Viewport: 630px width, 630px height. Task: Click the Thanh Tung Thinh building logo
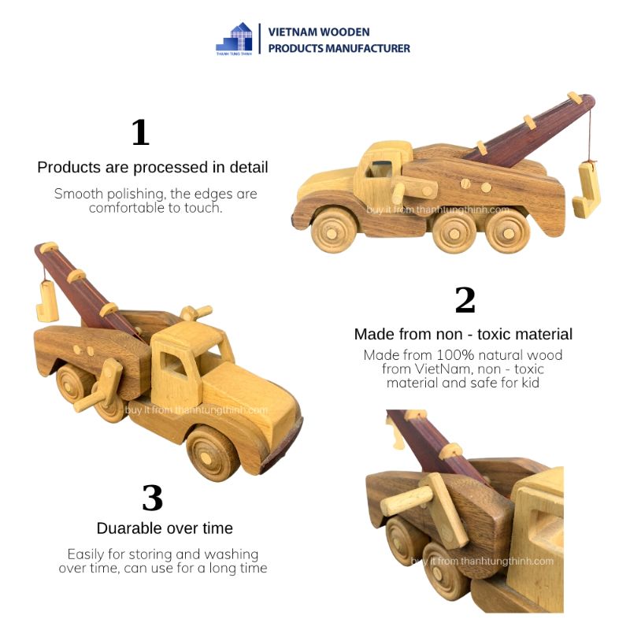pyautogui.click(x=234, y=39)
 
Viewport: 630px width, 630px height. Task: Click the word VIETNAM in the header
pyautogui.click(x=294, y=32)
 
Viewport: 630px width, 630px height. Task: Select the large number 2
pyautogui.click(x=465, y=300)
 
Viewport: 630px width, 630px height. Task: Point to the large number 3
pyautogui.click(x=152, y=498)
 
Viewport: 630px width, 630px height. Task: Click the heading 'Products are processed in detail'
pyautogui.click(x=153, y=168)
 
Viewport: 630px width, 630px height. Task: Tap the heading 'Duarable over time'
pyautogui.click(x=165, y=528)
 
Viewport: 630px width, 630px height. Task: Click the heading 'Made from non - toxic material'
pyautogui.click(x=463, y=334)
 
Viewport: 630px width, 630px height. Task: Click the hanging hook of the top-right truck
pyautogui.click(x=586, y=189)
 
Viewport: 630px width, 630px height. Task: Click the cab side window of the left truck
pyautogui.click(x=172, y=364)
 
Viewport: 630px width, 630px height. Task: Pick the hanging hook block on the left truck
pyautogui.click(x=46, y=302)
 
